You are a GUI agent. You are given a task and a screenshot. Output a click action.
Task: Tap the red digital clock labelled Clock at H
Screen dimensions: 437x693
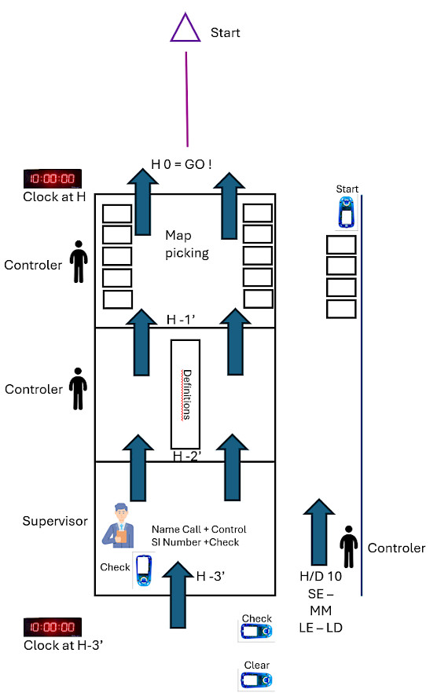(x=53, y=178)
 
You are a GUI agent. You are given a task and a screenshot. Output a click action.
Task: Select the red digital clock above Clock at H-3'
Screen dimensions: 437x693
(x=53, y=627)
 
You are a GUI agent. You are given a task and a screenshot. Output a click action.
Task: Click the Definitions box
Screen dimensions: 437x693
(x=185, y=394)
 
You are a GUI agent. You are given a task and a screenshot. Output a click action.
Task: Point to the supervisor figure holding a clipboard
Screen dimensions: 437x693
(x=119, y=526)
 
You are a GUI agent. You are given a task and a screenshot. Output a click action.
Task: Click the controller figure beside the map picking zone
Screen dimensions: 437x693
(x=79, y=262)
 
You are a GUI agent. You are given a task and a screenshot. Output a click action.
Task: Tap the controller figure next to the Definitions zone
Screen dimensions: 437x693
(x=79, y=388)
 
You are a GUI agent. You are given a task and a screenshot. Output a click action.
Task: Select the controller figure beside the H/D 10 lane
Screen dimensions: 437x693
(x=348, y=547)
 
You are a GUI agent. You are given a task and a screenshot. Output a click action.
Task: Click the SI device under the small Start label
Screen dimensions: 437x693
(x=347, y=212)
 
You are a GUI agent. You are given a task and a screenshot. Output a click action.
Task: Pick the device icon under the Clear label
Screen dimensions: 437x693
(x=256, y=680)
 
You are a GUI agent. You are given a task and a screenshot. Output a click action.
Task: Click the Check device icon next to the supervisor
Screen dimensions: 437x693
(x=144, y=570)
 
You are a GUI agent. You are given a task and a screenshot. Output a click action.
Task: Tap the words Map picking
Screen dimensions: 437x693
(x=186, y=244)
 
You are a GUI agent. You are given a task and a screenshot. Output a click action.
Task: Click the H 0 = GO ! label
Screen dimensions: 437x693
(x=182, y=164)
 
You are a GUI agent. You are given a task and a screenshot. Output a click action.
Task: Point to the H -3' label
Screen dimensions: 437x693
(x=211, y=576)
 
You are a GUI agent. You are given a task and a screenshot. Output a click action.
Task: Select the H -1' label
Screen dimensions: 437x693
(x=181, y=319)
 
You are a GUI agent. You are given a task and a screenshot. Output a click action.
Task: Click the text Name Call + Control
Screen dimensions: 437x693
(x=199, y=529)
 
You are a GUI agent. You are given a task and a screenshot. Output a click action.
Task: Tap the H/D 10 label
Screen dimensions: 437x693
(x=321, y=576)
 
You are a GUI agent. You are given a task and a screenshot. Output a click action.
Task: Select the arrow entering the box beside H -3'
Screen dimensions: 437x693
(x=178, y=595)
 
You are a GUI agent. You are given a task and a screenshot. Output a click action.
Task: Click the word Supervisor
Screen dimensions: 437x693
(x=55, y=521)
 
